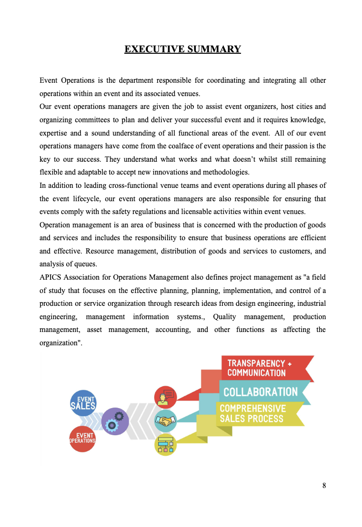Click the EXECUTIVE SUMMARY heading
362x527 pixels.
(182, 49)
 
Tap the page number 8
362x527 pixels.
(324, 486)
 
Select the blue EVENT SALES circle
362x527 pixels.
(83, 403)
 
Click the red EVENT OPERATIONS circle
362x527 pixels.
(82, 439)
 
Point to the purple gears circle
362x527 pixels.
(115, 421)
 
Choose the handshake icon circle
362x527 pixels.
(165, 421)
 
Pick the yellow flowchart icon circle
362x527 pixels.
(165, 445)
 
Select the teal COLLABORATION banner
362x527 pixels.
(261, 392)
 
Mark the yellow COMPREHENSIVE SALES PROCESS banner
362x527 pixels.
(257, 414)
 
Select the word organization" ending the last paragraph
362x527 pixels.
(61, 342)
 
